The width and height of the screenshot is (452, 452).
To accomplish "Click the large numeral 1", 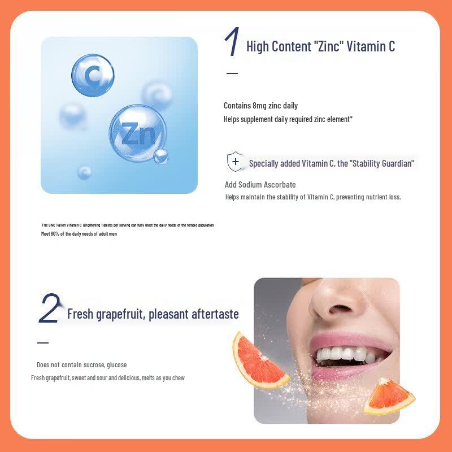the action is [x=232, y=41].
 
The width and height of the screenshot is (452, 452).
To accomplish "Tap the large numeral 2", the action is [x=50, y=307].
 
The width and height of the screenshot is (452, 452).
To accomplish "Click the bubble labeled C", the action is [x=93, y=75].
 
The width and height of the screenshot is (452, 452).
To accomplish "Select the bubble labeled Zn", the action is [x=138, y=133].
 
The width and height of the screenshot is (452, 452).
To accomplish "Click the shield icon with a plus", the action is [x=235, y=162].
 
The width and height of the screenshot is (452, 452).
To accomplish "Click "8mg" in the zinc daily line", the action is [x=259, y=106].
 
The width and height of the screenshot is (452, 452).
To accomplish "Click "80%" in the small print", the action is [x=55, y=234].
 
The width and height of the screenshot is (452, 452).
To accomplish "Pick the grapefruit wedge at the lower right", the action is [x=389, y=397].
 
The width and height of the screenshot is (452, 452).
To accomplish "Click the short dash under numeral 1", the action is [x=232, y=73].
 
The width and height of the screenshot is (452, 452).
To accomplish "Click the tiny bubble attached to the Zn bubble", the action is [x=160, y=157].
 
